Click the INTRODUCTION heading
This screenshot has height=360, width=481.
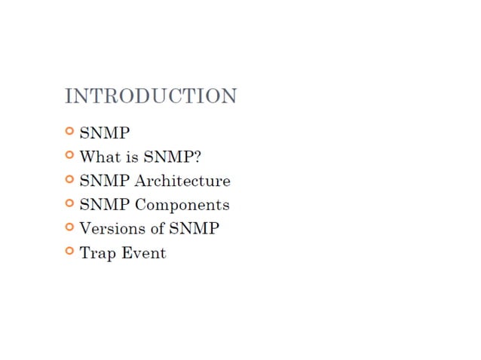(x=151, y=96)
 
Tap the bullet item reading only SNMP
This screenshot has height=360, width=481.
(x=105, y=133)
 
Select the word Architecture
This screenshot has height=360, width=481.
(x=182, y=181)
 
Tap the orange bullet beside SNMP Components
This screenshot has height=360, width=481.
(x=69, y=203)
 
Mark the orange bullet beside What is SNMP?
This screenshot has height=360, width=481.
(x=69, y=155)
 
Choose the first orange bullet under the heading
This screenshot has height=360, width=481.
(x=69, y=131)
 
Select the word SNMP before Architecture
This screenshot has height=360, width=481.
(x=105, y=181)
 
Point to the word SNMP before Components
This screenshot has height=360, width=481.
(x=105, y=205)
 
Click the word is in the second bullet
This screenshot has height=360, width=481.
(x=132, y=157)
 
